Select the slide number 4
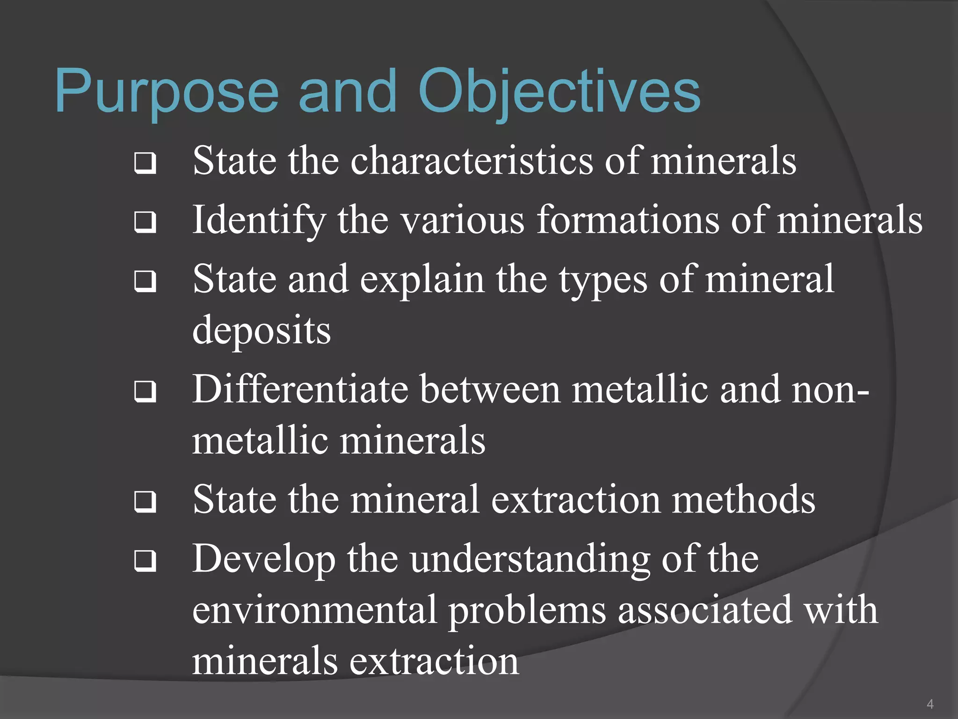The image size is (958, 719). coord(930,704)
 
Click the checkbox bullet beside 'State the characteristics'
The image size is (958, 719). coord(145,163)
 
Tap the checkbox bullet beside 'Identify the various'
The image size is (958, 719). coord(145,222)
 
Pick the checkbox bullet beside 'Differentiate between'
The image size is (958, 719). coord(145,392)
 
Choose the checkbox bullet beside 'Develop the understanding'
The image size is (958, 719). coord(145,561)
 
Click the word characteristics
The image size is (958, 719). coord(472,161)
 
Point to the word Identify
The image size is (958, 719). coord(259,220)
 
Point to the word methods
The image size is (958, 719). coord(744,499)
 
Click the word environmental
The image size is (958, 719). coord(314,610)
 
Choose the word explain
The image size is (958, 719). coord(422,280)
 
